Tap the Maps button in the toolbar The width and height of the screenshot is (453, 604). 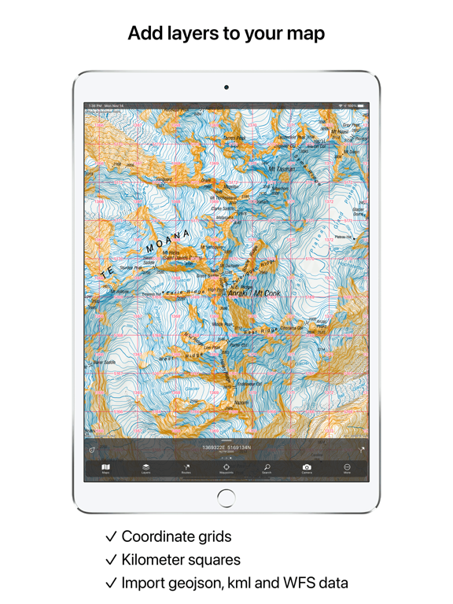point(105,469)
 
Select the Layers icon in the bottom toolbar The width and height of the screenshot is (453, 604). point(145,469)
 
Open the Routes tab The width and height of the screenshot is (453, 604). point(186,469)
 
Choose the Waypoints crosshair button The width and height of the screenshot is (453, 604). point(226,469)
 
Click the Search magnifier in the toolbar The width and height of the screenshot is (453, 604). point(267,469)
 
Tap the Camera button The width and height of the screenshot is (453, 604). point(307,469)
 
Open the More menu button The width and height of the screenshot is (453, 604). point(347,469)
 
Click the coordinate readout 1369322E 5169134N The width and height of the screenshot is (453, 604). point(226,448)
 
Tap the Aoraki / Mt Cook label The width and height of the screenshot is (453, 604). point(253,293)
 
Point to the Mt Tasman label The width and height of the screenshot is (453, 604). point(282,169)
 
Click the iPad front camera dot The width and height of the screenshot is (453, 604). point(226,87)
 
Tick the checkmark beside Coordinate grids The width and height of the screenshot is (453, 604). point(111,537)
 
